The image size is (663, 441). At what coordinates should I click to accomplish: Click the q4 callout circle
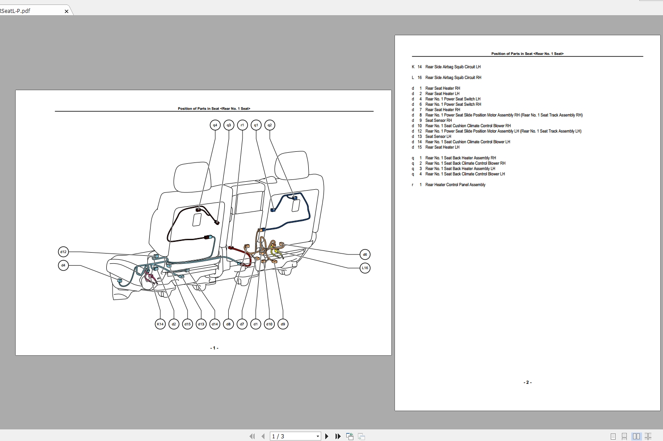click(215, 125)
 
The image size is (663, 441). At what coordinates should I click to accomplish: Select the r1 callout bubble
click(242, 125)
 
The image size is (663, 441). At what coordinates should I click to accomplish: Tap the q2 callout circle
click(269, 125)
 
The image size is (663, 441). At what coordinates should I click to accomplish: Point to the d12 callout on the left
click(63, 252)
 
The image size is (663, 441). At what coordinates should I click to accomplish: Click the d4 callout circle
click(63, 266)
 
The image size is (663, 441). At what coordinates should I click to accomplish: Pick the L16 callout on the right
click(365, 268)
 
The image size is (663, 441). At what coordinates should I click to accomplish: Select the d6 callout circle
click(365, 254)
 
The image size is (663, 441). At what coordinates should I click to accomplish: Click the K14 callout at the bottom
click(160, 324)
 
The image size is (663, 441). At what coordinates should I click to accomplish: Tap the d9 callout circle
click(283, 324)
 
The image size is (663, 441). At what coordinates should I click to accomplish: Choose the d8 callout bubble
click(228, 324)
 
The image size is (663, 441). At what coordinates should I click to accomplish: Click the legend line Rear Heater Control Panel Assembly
click(455, 185)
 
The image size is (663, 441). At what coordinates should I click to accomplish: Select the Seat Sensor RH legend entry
click(438, 121)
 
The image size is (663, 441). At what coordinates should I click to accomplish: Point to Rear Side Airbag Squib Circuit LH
click(453, 67)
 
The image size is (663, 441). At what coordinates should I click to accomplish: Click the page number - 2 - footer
click(527, 383)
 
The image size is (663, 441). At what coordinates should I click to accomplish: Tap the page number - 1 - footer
click(214, 348)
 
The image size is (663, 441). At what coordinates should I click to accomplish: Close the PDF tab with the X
click(67, 11)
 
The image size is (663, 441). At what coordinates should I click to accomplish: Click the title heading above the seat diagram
click(214, 108)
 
